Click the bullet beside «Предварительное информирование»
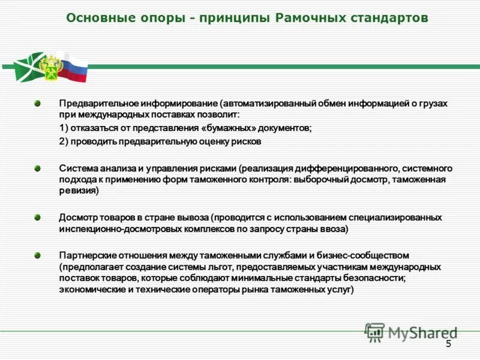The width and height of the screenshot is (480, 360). tap(37, 104)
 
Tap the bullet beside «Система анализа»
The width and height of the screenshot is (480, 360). tap(37, 169)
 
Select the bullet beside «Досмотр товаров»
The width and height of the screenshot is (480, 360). tap(37, 217)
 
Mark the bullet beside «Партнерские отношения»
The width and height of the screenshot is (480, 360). tap(37, 255)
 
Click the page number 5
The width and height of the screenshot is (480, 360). tap(448, 343)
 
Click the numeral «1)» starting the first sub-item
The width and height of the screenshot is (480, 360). tap(63, 129)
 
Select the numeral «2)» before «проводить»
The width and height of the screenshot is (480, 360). tap(63, 142)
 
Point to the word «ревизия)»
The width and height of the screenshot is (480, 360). tap(79, 191)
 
